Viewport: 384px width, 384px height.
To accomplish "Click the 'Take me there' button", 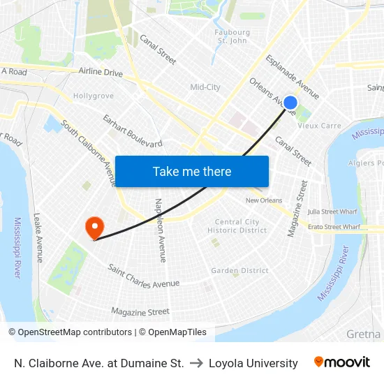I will [192, 171].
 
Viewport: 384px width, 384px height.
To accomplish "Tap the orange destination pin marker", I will [94, 227].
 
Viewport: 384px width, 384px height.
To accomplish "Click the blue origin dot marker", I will [290, 103].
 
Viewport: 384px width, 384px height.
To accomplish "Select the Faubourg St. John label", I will [232, 36].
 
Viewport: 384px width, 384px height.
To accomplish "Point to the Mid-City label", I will [205, 87].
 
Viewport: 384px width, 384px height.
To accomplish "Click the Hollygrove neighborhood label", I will [94, 95].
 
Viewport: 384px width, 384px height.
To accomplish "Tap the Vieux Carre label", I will [319, 126].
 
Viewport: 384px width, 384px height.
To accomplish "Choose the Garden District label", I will [239, 271].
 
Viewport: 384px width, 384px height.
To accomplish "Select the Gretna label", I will [363, 334].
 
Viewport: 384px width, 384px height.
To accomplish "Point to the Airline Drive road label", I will [101, 73].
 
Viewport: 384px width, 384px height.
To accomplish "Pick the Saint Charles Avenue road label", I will [144, 277].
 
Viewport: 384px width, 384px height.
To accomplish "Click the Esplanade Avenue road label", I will [293, 77].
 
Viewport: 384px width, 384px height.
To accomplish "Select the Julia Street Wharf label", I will [333, 211].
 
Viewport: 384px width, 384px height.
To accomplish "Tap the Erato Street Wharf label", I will [334, 227].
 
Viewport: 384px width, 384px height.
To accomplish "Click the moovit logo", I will [342, 362].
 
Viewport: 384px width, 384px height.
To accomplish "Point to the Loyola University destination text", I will [253, 363].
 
